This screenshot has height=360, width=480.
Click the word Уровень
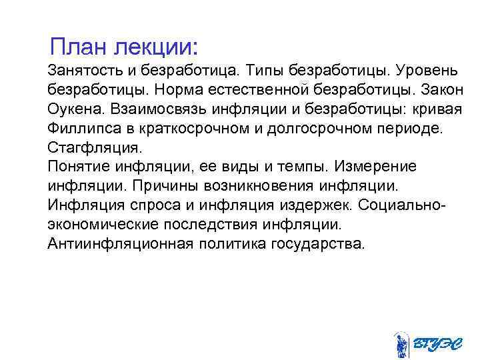coord(427,70)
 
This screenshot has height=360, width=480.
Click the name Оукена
coord(75,108)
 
